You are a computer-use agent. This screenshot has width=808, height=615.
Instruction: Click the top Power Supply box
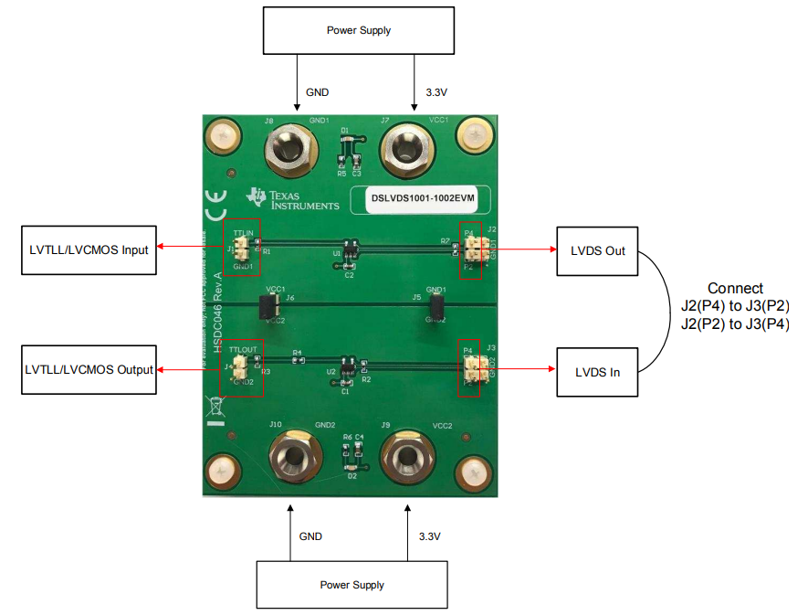[x=358, y=30]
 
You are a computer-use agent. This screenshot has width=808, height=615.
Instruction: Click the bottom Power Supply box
[x=352, y=585]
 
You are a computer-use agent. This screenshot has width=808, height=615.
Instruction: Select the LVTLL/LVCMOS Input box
[x=88, y=249]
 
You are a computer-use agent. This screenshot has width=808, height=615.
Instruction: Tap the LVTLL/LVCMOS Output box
[x=88, y=369]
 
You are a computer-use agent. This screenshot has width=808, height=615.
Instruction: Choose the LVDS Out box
[x=597, y=250]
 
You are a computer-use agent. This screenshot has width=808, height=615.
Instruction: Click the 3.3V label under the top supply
[x=438, y=92]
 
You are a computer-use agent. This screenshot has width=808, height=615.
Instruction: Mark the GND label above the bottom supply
[x=310, y=536]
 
